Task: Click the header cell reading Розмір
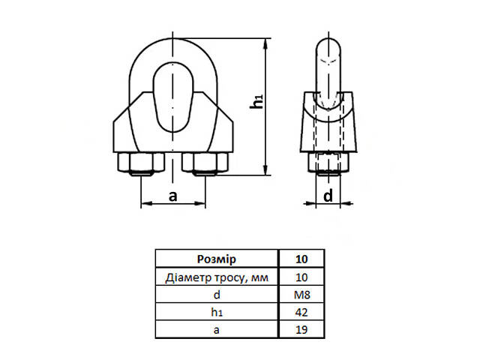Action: (x=216, y=259)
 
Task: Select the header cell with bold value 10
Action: (x=301, y=259)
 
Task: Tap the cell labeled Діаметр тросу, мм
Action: (x=216, y=277)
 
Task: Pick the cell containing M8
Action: (x=301, y=295)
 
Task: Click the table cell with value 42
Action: (x=301, y=312)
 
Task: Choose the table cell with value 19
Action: (x=301, y=329)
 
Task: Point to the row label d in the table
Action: (x=216, y=295)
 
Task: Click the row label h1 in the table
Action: (x=216, y=312)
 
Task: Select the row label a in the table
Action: (x=216, y=329)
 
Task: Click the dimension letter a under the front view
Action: (x=172, y=196)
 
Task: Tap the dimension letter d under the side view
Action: (x=328, y=196)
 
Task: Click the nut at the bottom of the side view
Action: (x=328, y=163)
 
